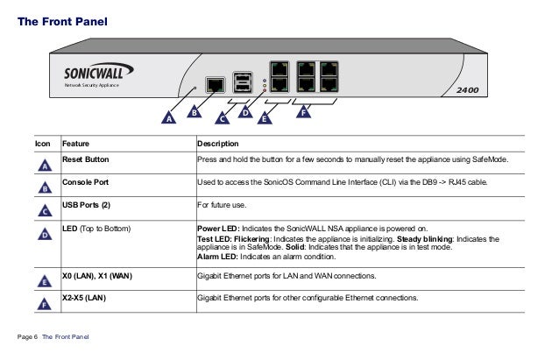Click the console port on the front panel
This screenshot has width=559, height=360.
click(x=214, y=84)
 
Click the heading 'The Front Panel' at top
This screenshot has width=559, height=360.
click(x=63, y=18)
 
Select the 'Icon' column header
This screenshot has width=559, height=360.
click(x=41, y=144)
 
